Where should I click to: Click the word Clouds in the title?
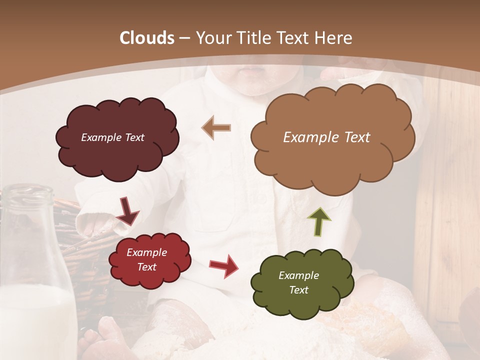[x=147, y=38]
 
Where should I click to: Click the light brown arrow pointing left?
[x=216, y=127]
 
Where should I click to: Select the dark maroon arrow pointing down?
[x=128, y=211]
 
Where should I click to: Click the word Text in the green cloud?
[x=299, y=290]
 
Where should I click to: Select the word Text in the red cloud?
[x=146, y=267]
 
